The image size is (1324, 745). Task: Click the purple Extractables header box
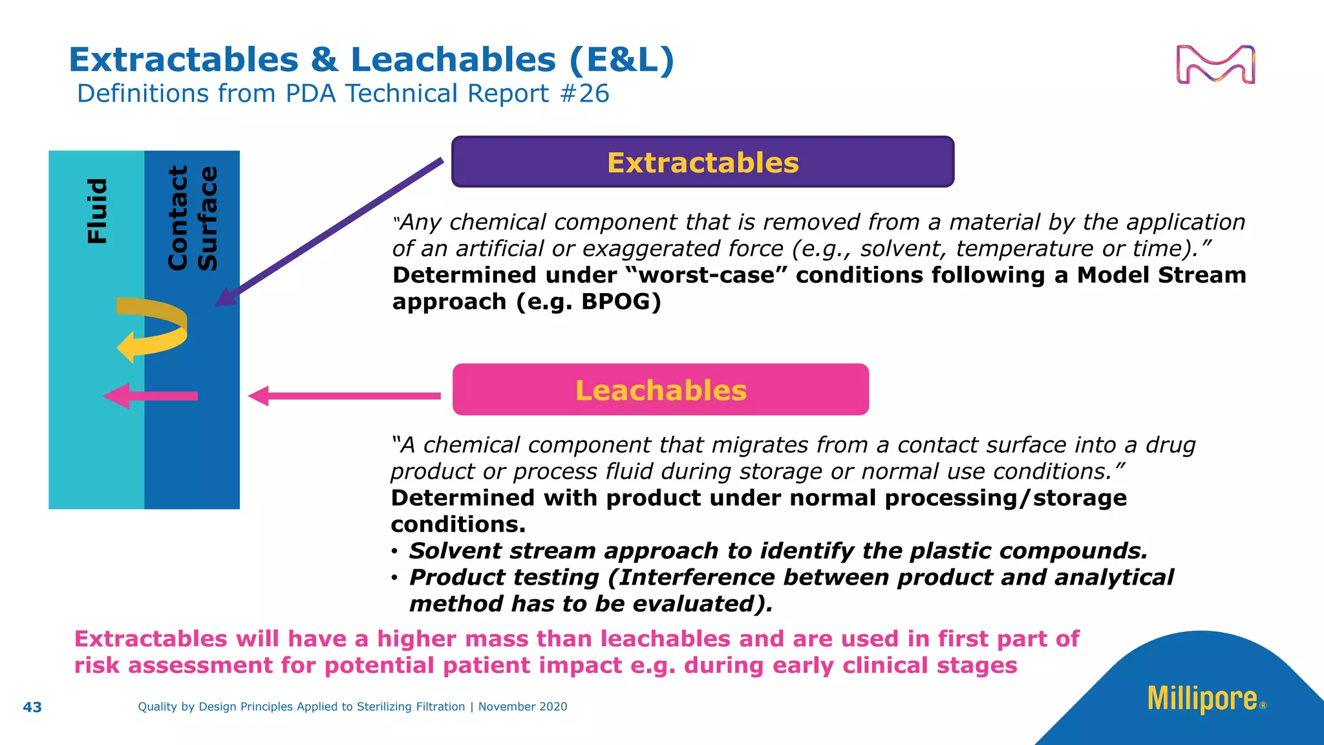(703, 162)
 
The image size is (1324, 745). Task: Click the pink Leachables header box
(660, 390)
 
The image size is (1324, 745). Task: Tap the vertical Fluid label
(97, 211)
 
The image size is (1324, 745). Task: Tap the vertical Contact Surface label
(192, 218)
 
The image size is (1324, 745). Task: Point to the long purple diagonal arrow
(330, 233)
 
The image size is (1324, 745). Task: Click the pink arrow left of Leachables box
(343, 396)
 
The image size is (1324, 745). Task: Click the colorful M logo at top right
(1215, 65)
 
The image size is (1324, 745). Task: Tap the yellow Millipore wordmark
(1202, 699)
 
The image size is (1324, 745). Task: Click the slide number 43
(32, 707)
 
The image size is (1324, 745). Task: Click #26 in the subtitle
(584, 94)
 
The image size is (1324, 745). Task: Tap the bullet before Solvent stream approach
(394, 552)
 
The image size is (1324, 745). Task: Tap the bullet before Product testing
(394, 578)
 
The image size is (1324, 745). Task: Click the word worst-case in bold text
(707, 275)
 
